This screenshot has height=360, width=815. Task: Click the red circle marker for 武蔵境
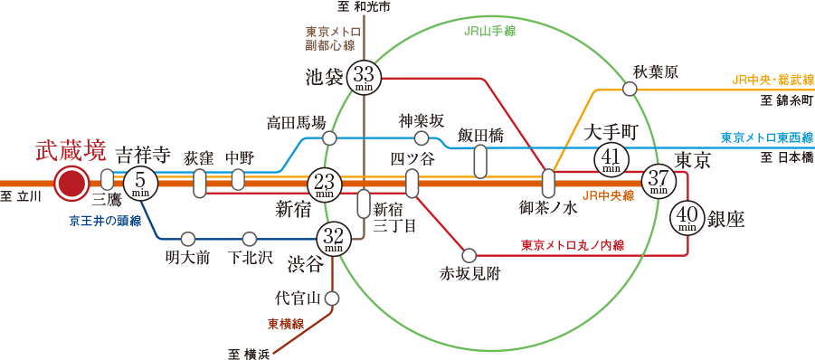point(71,184)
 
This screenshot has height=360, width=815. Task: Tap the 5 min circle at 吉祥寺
point(140,184)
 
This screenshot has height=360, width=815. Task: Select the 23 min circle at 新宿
point(325,185)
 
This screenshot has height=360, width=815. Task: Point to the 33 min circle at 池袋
point(365,78)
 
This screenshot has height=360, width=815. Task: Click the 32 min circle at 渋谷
point(333,239)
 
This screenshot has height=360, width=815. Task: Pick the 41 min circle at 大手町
point(611,160)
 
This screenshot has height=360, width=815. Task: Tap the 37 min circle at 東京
point(659,182)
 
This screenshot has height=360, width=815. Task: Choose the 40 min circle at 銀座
point(687,217)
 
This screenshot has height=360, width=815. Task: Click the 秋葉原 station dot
point(630,89)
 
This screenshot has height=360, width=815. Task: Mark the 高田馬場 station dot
point(329,138)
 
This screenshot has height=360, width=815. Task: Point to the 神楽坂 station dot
point(421,138)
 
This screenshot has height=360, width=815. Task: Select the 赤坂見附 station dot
point(469,255)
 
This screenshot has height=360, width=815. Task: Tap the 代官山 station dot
point(332,298)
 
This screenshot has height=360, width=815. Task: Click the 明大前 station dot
point(187,239)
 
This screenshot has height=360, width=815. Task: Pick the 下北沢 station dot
point(250,239)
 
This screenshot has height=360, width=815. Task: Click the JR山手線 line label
point(488,31)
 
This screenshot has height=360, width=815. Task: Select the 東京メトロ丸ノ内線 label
point(573,244)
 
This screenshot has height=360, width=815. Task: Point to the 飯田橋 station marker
point(480,161)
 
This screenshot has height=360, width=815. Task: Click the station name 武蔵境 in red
point(70,150)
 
